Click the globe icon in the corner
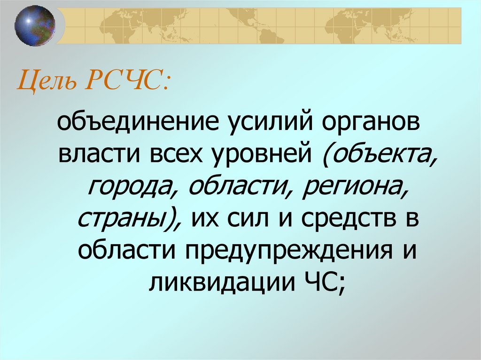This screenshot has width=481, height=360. [35, 25]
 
